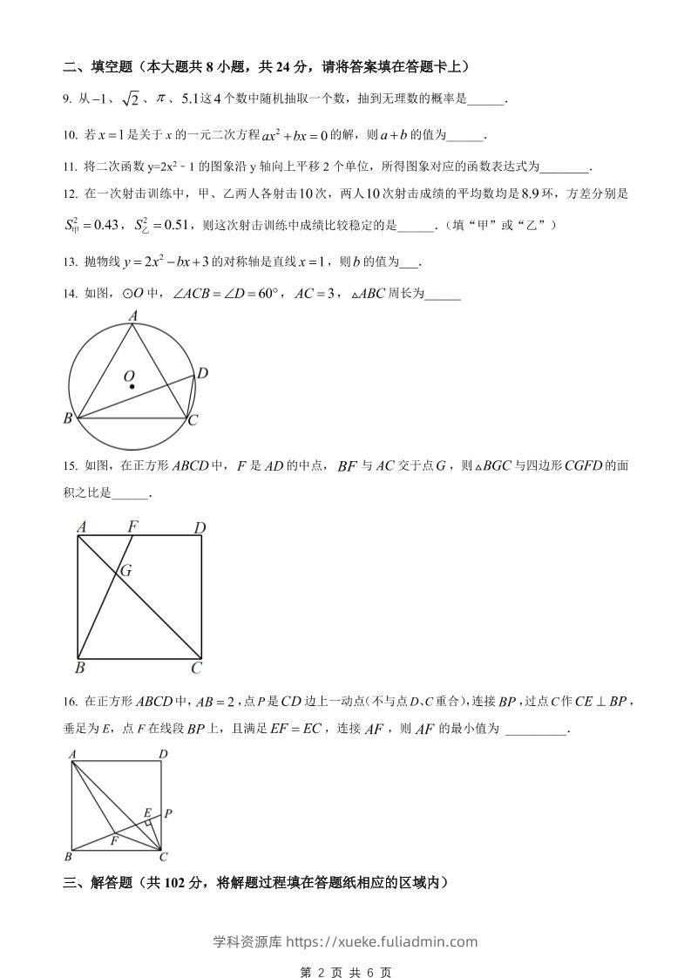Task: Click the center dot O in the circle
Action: tap(131, 386)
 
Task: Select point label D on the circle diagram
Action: tap(201, 374)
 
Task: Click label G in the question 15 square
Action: tap(125, 572)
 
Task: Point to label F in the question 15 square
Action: tap(133, 526)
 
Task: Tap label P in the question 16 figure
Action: tap(167, 813)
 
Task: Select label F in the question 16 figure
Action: tap(114, 841)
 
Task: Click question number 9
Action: tap(66, 99)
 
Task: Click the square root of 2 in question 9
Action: tap(129, 100)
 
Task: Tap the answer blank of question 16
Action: tap(535, 730)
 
